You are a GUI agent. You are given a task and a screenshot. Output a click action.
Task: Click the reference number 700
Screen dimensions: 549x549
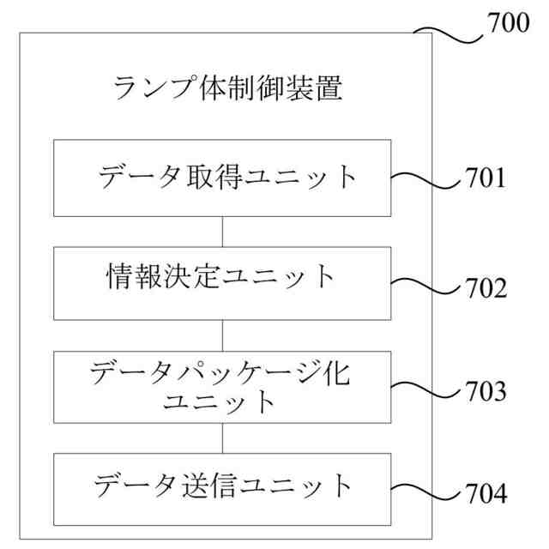click(510, 22)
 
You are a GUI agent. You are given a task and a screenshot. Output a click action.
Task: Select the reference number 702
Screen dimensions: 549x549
click(486, 287)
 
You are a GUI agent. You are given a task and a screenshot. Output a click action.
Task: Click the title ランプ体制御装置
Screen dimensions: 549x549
click(227, 88)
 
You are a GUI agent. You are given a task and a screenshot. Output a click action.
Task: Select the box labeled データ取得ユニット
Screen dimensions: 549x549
click(223, 178)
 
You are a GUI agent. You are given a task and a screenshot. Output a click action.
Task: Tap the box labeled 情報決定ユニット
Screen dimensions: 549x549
click(223, 282)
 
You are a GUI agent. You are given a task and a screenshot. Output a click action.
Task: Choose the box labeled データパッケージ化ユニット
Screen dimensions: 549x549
click(223, 385)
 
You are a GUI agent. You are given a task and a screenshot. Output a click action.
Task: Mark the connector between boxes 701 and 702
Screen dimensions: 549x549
click(223, 232)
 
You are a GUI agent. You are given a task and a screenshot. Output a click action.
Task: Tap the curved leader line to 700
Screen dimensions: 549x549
click(449, 35)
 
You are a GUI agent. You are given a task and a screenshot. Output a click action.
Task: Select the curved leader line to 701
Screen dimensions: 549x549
click(427, 181)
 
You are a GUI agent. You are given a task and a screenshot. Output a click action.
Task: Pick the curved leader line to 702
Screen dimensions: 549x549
click(427, 287)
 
